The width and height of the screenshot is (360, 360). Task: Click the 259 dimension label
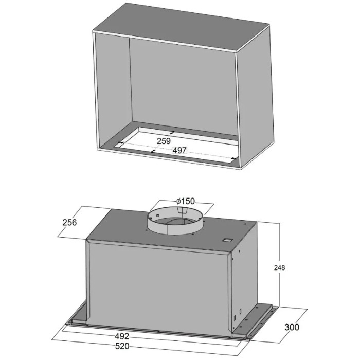tap(164, 141)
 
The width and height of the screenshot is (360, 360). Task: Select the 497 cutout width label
tap(180, 151)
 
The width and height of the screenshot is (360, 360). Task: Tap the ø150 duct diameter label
tap(186, 201)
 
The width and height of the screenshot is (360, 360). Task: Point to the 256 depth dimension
tap(69, 222)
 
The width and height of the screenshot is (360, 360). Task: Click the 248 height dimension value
tap(279, 268)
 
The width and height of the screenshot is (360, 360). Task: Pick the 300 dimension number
tap(292, 327)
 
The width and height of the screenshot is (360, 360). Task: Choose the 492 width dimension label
tap(122, 336)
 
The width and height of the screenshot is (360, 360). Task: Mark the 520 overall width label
tap(122, 346)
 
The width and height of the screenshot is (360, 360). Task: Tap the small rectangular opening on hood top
tap(227, 240)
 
